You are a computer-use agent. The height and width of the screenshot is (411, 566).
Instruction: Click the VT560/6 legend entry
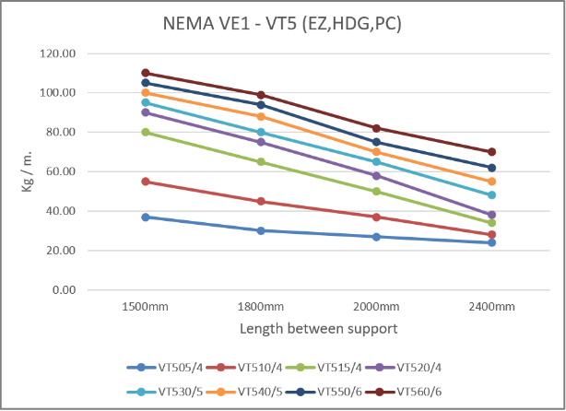click(x=417, y=391)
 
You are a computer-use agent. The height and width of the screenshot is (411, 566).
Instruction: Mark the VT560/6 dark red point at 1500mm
click(x=145, y=73)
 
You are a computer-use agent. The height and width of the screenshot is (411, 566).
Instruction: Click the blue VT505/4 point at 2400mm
click(x=492, y=242)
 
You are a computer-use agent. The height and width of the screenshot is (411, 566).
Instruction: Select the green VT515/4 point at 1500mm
click(x=145, y=132)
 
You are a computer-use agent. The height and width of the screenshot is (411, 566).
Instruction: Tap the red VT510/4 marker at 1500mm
click(x=145, y=182)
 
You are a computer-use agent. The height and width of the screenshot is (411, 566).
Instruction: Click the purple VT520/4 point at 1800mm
click(x=261, y=142)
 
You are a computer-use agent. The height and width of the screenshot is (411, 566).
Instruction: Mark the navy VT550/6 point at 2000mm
click(x=376, y=142)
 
